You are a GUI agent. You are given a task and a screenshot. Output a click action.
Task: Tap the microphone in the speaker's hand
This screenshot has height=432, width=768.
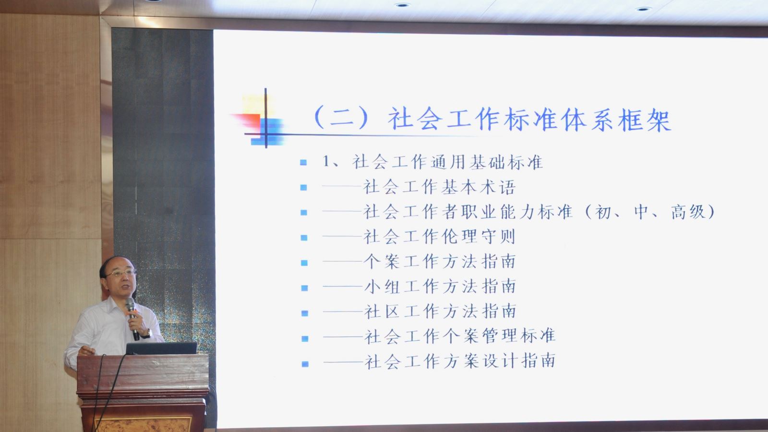tap(132, 318)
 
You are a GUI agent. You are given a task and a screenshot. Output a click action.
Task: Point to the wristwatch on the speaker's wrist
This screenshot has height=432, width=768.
tap(147, 334)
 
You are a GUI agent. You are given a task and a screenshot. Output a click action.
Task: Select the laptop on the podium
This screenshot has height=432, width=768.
tap(161, 348)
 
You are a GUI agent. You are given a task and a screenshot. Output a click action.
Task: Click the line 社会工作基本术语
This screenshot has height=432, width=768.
tap(439, 187)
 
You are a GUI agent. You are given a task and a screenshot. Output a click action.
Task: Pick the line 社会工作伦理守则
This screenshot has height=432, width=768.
tap(439, 237)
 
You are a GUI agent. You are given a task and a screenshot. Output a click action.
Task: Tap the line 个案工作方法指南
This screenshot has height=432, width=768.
tap(440, 262)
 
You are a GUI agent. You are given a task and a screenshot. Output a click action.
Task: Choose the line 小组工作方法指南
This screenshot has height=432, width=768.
tap(440, 287)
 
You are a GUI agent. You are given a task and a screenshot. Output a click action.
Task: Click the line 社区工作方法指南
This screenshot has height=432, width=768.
tap(440, 312)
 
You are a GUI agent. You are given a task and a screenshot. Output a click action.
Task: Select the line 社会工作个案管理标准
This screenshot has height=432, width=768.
tap(460, 336)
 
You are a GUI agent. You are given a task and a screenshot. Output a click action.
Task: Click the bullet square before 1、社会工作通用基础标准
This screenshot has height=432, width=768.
tap(303, 163)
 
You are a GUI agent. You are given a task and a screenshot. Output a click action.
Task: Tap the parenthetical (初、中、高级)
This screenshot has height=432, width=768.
tap(650, 212)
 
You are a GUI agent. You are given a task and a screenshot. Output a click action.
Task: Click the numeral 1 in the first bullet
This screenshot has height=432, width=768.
tap(326, 161)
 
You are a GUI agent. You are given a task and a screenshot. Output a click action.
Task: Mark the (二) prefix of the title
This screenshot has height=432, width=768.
tap(341, 118)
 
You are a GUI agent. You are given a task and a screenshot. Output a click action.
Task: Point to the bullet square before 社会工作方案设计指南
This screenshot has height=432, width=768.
tap(305, 364)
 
